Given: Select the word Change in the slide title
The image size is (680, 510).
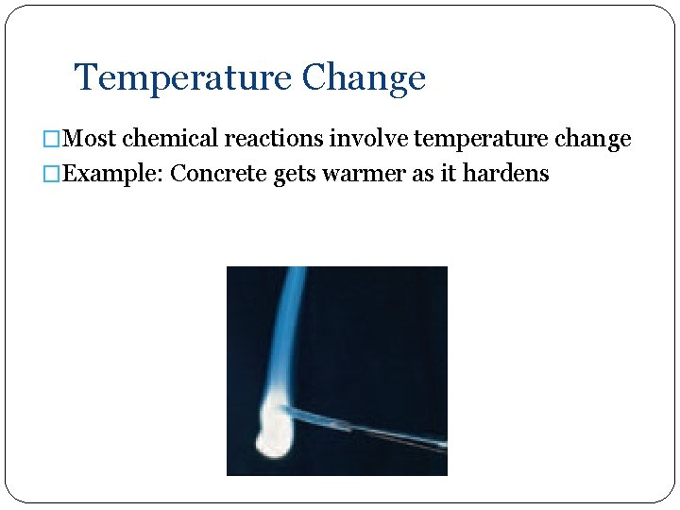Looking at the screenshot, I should (x=364, y=77).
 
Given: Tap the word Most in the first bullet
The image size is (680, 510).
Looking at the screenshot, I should (x=92, y=140).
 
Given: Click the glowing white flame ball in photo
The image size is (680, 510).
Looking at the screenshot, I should (x=273, y=433).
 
